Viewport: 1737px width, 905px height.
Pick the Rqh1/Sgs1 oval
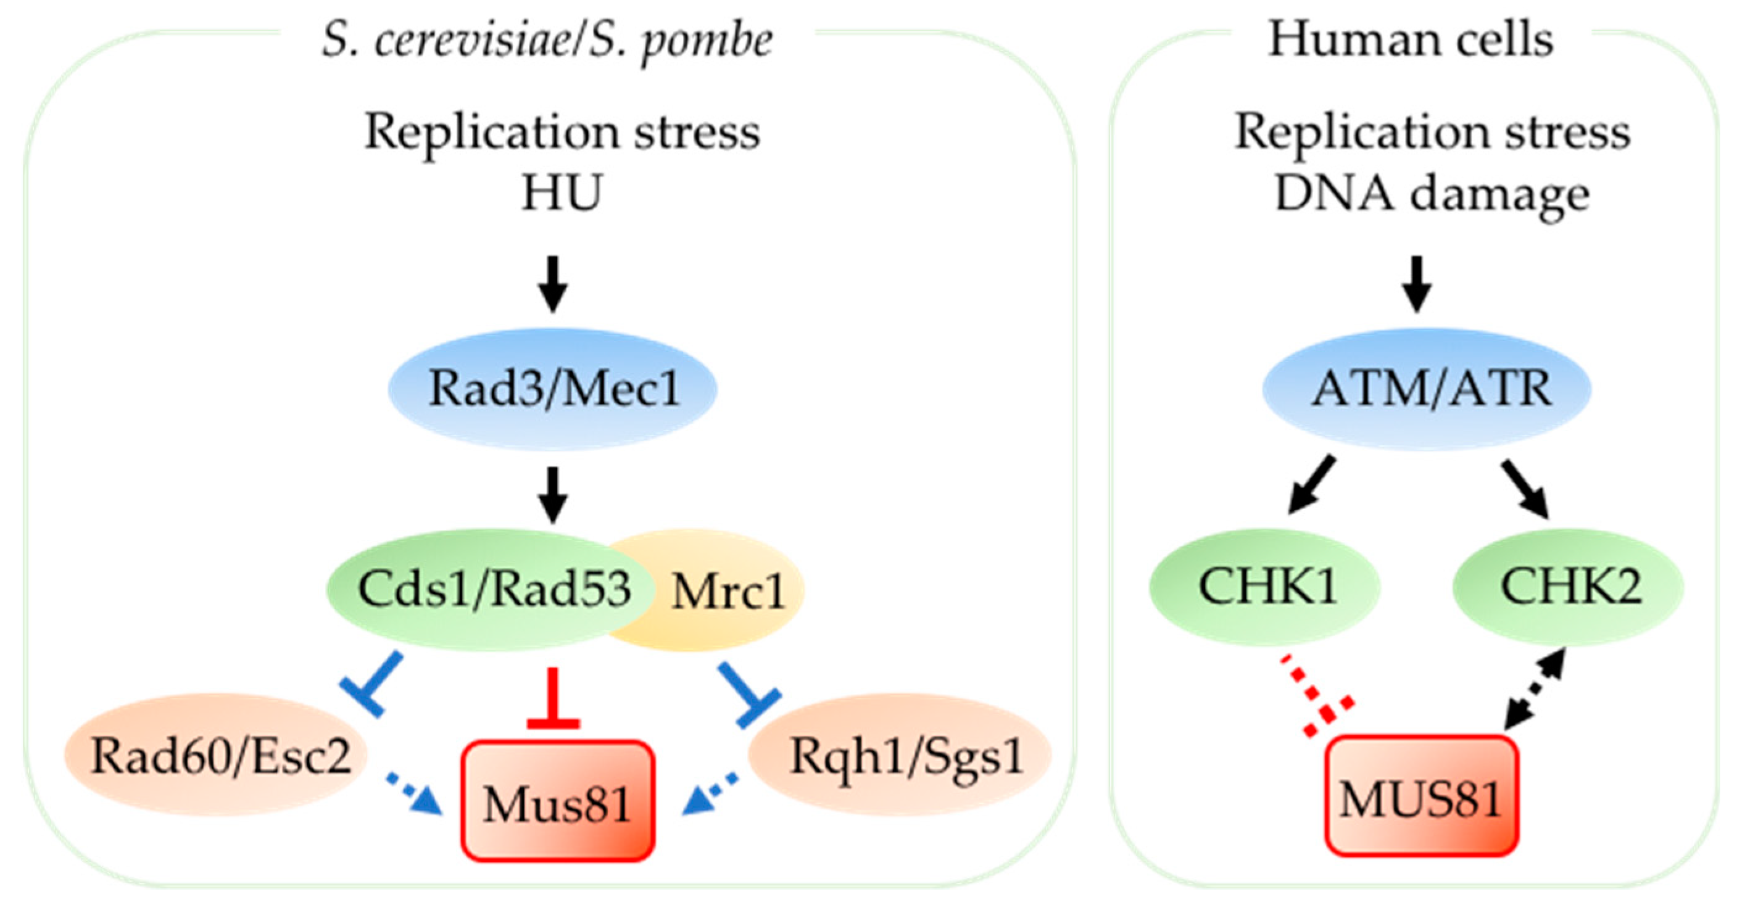(903, 755)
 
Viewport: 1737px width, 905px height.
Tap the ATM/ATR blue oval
(1426, 389)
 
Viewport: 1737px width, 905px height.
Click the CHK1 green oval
(1265, 587)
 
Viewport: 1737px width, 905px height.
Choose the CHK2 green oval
(1567, 587)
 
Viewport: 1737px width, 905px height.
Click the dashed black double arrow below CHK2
(1534, 698)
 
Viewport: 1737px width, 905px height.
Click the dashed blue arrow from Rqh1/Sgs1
(711, 796)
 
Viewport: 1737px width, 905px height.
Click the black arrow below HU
(552, 283)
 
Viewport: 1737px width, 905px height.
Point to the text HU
(561, 194)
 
